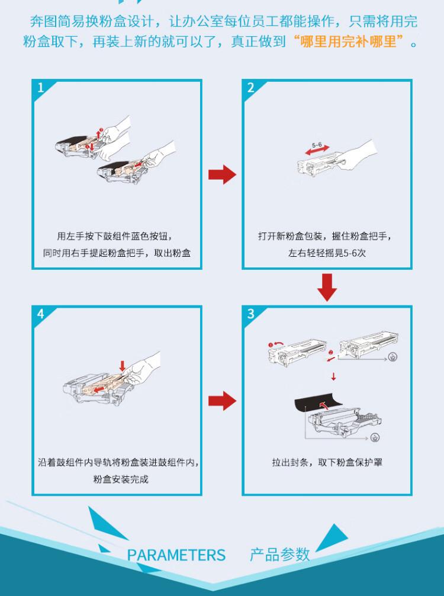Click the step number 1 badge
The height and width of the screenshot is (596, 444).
click(40, 88)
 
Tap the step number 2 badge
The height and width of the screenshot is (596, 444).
click(251, 88)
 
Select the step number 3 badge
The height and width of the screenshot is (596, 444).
click(251, 314)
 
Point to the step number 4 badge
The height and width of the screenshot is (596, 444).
click(40, 314)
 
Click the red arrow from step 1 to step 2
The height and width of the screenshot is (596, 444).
click(222, 175)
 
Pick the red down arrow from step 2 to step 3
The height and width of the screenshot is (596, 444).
click(327, 286)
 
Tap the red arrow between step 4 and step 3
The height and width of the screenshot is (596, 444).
click(222, 401)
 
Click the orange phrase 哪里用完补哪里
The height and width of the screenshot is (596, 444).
click(352, 43)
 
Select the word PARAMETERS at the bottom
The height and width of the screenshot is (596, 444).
click(176, 555)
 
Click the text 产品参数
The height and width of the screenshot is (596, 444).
click(280, 554)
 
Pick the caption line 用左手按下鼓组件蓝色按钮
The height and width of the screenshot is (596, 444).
click(117, 235)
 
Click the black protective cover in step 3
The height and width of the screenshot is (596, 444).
click(320, 405)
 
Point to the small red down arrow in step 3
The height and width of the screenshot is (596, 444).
click(333, 376)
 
